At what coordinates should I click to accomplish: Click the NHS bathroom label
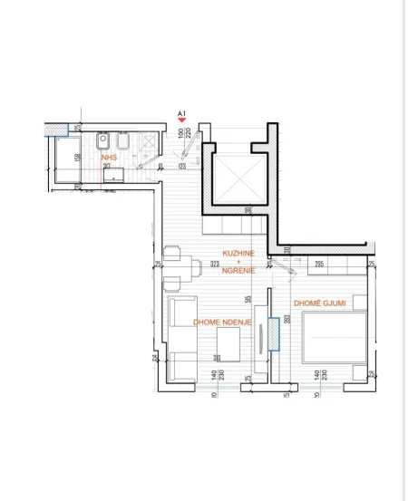(x=109, y=157)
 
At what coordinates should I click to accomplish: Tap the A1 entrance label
(x=181, y=112)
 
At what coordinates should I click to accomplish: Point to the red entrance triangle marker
(x=182, y=120)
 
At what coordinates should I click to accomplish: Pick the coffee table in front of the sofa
(x=227, y=342)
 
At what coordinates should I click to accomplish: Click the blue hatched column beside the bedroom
(x=274, y=333)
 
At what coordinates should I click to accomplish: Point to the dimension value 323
(x=215, y=265)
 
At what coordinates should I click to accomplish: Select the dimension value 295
(x=318, y=265)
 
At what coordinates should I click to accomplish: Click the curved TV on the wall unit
(x=260, y=335)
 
